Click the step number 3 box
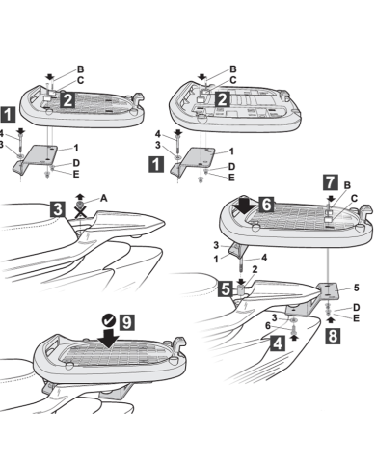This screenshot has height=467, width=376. (x=58, y=208)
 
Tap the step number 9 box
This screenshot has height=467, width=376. (x=126, y=318)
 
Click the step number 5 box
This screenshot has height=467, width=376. (x=225, y=288)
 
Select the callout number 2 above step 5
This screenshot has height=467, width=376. (x=254, y=270)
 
